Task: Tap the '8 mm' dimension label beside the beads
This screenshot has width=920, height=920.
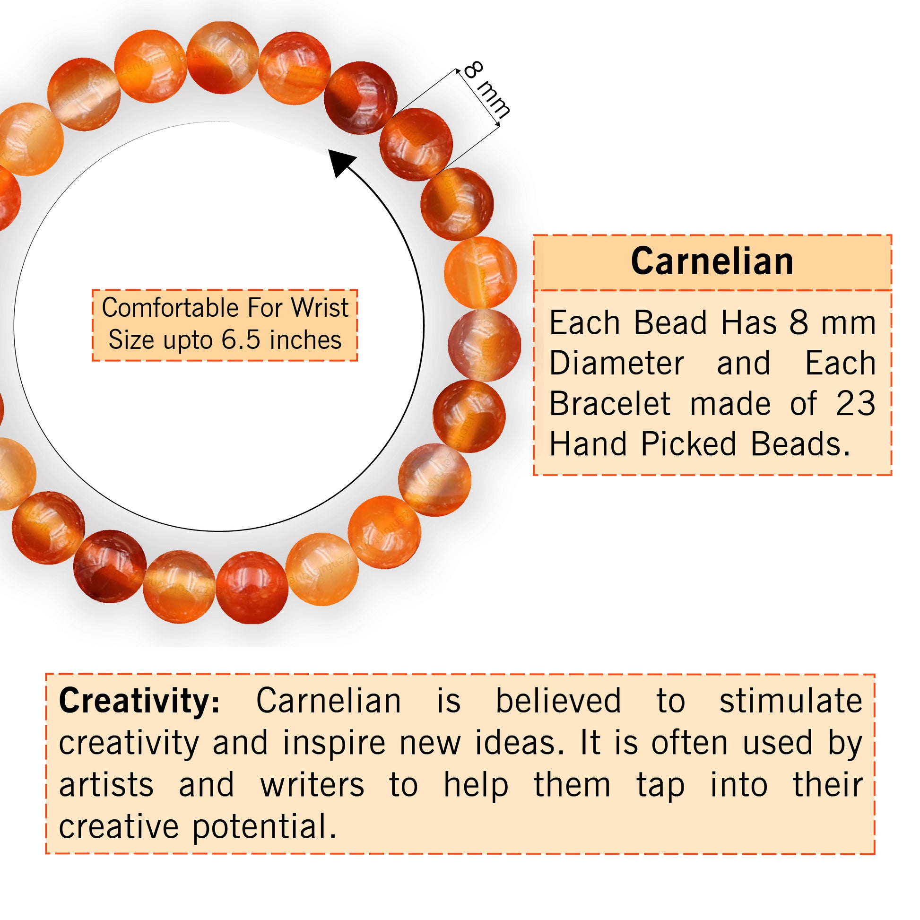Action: click(486, 89)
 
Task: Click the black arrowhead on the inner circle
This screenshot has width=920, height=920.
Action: click(341, 162)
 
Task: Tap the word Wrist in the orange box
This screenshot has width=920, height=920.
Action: click(320, 308)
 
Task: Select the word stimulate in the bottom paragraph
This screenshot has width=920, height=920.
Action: click(790, 701)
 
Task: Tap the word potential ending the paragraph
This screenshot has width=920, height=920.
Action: click(264, 827)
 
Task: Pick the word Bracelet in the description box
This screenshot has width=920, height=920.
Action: click(610, 404)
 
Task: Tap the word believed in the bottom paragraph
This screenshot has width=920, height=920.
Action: click(558, 701)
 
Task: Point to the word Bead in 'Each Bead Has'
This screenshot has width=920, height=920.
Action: click(670, 323)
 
